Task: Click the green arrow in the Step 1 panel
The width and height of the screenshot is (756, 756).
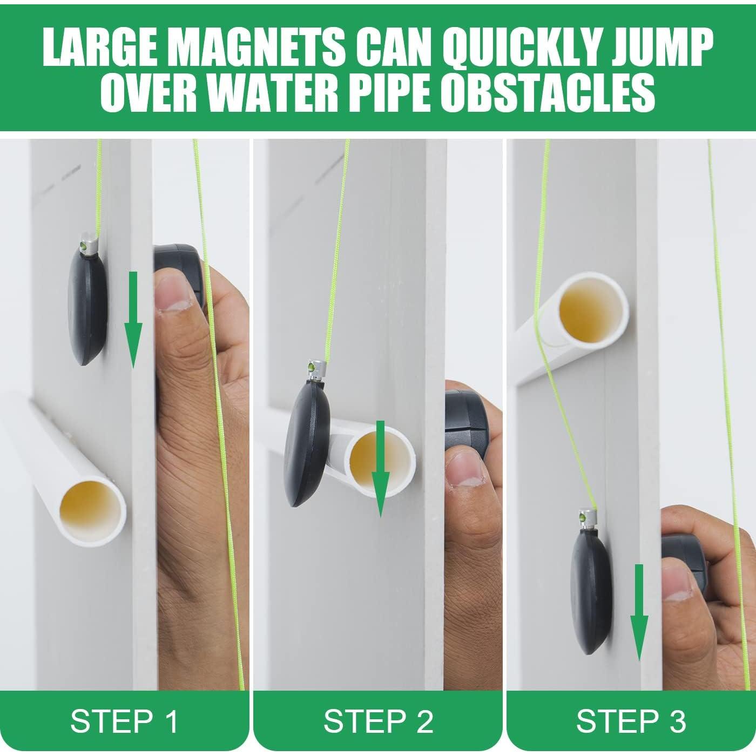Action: point(133,320)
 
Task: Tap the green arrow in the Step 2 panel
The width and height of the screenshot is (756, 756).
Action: point(380,468)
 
